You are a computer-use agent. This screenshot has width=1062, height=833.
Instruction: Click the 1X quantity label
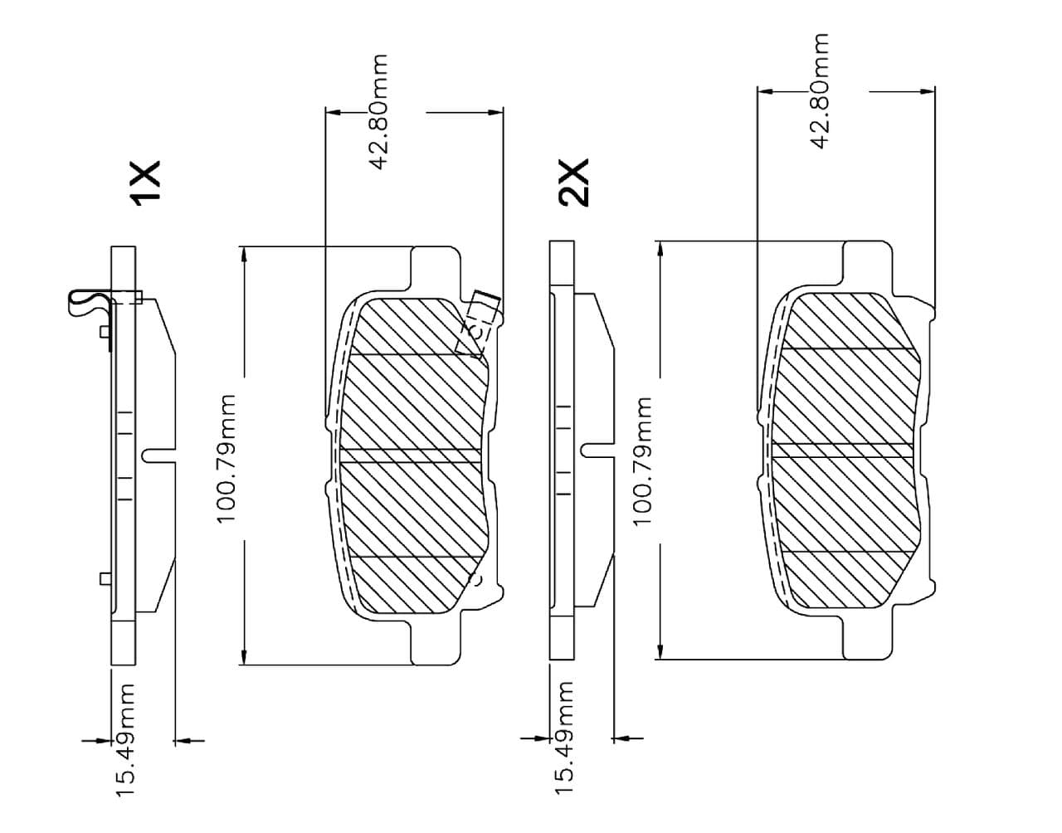tap(144, 183)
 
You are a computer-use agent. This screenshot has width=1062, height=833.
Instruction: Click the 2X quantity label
tap(573, 183)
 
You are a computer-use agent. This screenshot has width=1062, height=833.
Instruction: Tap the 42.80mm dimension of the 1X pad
tap(378, 112)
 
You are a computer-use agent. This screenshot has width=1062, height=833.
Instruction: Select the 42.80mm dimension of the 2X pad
tap(818, 91)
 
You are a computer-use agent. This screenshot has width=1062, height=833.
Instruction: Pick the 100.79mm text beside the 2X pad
tap(641, 461)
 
